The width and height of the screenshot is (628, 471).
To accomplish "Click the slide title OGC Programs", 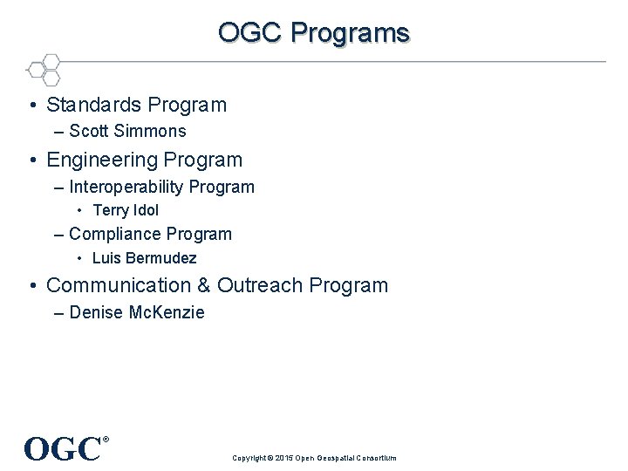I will pyautogui.click(x=313, y=32).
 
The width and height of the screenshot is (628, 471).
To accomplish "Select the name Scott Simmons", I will pyautogui.click(x=127, y=132).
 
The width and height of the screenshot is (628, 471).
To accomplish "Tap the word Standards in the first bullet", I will pyautogui.click(x=93, y=106).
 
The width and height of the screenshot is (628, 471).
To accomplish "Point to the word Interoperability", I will pyautogui.click(x=126, y=188).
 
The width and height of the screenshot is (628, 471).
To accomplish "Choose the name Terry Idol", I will pyautogui.click(x=126, y=210).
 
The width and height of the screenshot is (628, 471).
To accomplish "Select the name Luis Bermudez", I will pyautogui.click(x=144, y=258).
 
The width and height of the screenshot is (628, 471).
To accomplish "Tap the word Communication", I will pyautogui.click(x=122, y=286).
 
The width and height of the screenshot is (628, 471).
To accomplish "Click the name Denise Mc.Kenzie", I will pyautogui.click(x=137, y=313).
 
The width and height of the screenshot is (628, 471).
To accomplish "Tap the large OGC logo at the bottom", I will pyautogui.click(x=63, y=449).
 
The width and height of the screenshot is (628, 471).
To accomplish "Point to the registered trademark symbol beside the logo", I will pyautogui.click(x=106, y=440).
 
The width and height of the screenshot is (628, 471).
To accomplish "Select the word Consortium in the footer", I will pyautogui.click(x=375, y=458).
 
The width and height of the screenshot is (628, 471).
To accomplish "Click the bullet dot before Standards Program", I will pyautogui.click(x=32, y=106).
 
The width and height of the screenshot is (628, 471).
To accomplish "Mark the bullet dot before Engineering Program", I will pyautogui.click(x=32, y=161).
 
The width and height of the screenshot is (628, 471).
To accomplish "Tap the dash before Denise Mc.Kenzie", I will pyautogui.click(x=58, y=313).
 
